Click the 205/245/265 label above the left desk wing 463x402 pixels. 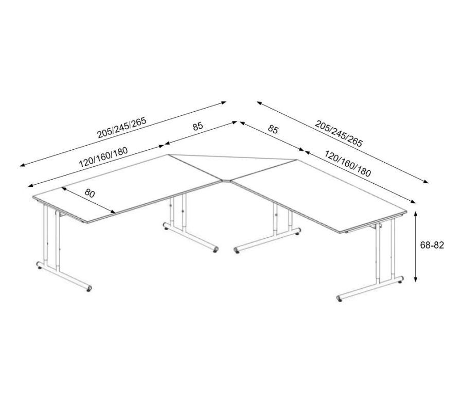122,128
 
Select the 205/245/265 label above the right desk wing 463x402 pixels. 339,133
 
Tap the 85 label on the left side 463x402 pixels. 198,126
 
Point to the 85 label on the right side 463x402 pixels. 273,129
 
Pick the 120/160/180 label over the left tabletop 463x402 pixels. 103,157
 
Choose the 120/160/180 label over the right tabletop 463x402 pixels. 348,164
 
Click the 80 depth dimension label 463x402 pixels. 90,193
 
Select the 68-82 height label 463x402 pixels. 432,245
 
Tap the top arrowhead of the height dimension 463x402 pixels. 416,214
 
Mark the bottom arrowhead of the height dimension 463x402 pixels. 416,279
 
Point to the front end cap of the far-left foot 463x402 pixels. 89,289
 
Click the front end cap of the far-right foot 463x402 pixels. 340,298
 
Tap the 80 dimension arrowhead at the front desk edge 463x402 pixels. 113,212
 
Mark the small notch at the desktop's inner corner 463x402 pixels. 227,180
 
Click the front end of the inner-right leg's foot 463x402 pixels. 237,250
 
